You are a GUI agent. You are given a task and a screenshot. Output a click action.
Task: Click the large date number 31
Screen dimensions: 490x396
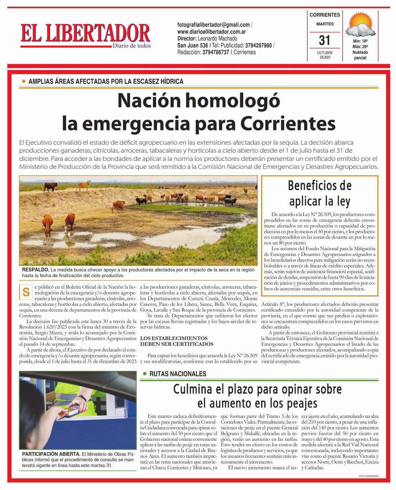point(325,40)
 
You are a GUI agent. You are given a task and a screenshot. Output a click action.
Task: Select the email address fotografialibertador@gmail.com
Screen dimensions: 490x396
point(214,25)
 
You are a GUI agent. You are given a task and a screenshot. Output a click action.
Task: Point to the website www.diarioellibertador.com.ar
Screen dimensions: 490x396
point(211,32)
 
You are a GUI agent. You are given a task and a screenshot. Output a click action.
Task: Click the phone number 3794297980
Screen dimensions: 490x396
point(258,46)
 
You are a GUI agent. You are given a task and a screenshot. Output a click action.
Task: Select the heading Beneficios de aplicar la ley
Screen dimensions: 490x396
point(319,193)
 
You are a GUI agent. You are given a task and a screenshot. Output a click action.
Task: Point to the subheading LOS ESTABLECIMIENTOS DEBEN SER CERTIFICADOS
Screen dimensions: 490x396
point(177,341)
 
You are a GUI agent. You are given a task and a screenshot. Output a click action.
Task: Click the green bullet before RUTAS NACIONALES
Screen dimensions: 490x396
point(145,374)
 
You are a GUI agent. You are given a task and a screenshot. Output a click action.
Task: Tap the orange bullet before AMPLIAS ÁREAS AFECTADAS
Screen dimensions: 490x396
point(23,81)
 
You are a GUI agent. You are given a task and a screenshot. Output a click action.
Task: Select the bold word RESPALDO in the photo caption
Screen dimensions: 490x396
point(36,270)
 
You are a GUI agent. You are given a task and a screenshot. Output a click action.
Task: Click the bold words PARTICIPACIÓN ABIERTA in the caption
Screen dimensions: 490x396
point(51,454)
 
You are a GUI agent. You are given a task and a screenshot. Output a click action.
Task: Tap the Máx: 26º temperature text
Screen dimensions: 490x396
point(360,47)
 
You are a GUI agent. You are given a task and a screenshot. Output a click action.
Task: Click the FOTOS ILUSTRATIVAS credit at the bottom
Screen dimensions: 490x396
point(369,476)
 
